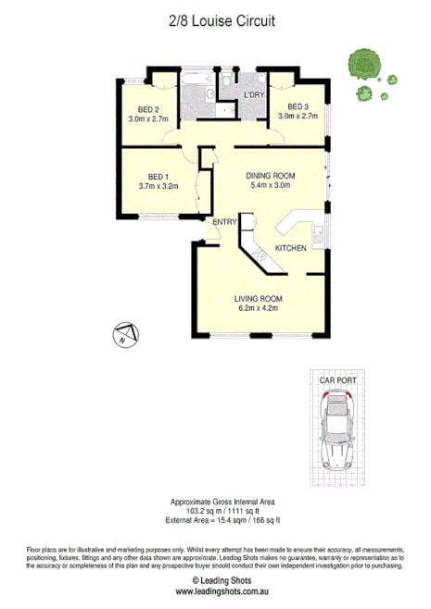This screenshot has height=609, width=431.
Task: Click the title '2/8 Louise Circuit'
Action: pyautogui.click(x=214, y=19)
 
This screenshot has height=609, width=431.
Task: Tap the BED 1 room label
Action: pyautogui.click(x=156, y=176)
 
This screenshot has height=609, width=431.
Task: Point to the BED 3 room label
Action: pyautogui.click(x=298, y=106)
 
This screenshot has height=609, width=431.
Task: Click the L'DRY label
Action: pyautogui.click(x=255, y=95)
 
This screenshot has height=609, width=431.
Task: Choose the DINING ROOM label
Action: pyautogui.click(x=270, y=175)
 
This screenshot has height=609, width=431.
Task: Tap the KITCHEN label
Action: pyautogui.click(x=290, y=249)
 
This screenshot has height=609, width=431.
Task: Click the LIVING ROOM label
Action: pyautogui.click(x=259, y=299)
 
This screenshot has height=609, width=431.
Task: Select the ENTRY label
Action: pyautogui.click(x=224, y=222)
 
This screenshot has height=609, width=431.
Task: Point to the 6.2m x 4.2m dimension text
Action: pyautogui.click(x=259, y=309)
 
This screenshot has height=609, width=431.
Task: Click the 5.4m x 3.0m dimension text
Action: pyautogui.click(x=270, y=185)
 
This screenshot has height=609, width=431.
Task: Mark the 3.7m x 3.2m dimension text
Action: pyautogui.click(x=157, y=186)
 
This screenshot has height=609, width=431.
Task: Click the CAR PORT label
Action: pyautogui.click(x=338, y=379)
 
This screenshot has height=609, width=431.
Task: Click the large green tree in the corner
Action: pyautogui.click(x=362, y=64)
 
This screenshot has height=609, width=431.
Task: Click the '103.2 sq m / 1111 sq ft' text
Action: pyautogui.click(x=215, y=509)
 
